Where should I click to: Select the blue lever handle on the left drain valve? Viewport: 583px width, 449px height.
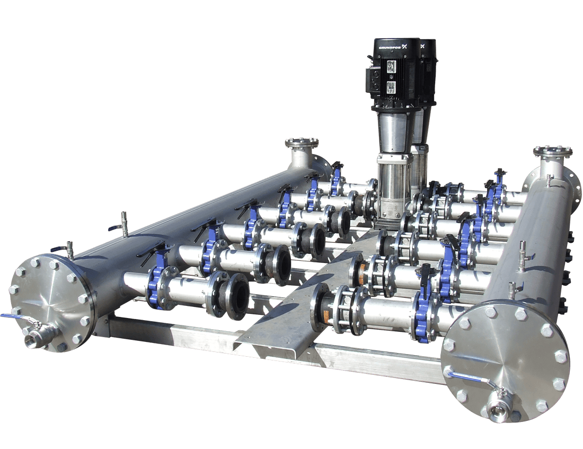[12, 317]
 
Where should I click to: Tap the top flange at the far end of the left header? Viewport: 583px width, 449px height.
[302, 143]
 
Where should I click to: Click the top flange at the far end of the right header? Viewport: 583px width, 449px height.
[553, 151]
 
